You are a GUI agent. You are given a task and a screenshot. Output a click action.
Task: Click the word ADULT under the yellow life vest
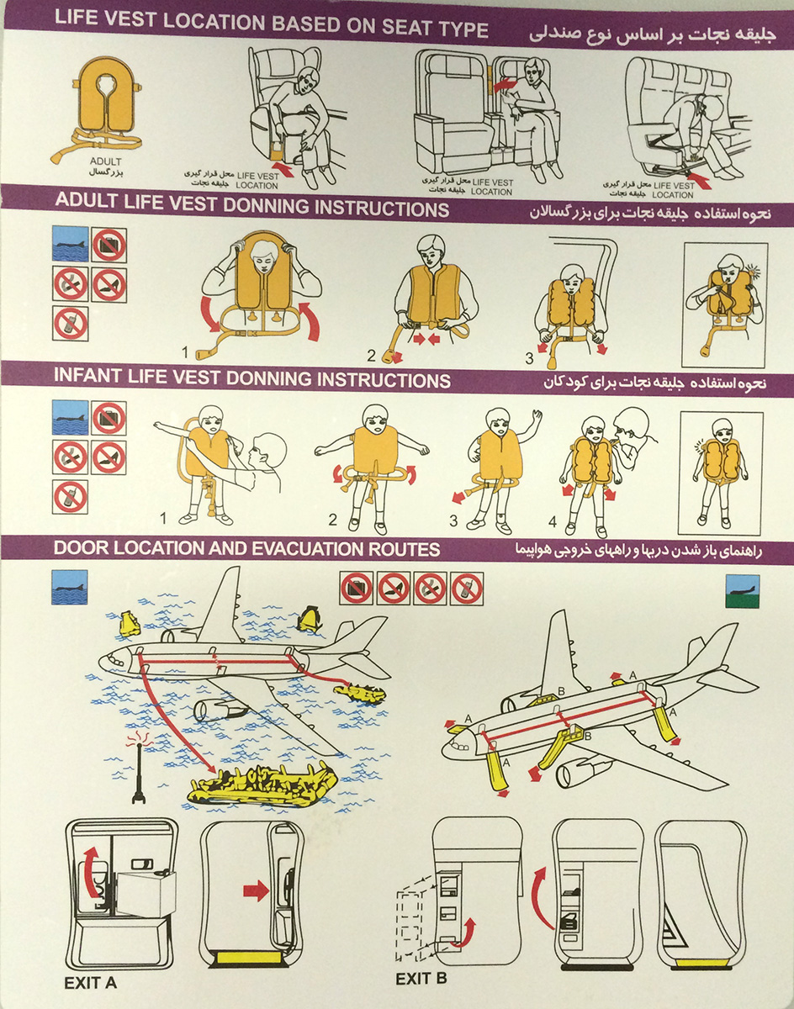click(105, 161)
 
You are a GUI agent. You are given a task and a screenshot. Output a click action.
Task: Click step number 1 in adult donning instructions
click(185, 351)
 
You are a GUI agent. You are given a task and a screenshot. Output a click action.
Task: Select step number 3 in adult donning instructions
click(530, 358)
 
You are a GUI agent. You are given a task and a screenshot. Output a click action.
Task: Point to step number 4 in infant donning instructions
click(553, 521)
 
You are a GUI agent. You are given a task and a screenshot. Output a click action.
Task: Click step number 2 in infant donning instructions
click(333, 520)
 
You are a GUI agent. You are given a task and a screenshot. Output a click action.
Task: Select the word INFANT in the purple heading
click(88, 377)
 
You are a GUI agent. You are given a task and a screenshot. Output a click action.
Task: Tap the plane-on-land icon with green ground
click(743, 591)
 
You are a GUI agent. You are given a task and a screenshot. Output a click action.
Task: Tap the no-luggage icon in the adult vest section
click(109, 245)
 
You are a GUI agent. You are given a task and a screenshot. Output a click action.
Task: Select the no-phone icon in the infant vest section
click(70, 497)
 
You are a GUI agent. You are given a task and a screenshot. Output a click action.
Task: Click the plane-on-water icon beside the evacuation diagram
click(70, 587)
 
